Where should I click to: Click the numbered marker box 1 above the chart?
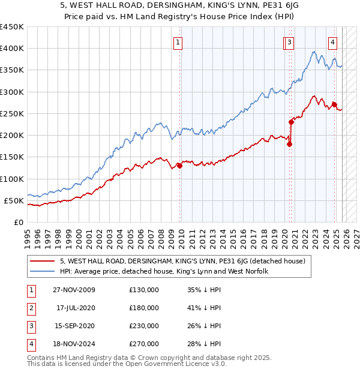pos(179,42)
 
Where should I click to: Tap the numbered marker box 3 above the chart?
pos(290,42)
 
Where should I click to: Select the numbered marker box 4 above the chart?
pos(332,42)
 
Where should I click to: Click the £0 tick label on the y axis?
pos(18,223)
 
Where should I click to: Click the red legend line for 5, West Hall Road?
pos(43,261)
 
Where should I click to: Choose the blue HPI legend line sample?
pos(43,272)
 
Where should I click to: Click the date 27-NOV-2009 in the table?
pos(73,290)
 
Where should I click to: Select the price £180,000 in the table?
pos(144,308)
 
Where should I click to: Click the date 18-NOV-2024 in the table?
pos(73,344)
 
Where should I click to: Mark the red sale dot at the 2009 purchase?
pos(180,166)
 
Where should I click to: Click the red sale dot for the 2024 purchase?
pos(334,104)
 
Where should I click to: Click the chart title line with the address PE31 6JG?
pos(180,7)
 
